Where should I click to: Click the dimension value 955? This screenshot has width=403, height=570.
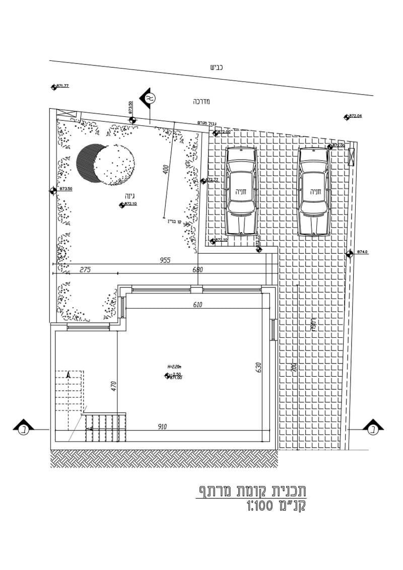165,260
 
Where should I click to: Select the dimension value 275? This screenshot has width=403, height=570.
85,270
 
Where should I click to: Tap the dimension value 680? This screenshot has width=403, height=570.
197,270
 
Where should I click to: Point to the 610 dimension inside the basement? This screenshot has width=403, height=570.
197,305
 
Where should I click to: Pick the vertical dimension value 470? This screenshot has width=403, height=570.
114,386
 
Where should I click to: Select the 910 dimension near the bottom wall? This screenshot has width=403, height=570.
162,427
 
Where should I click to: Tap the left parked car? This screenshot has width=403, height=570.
241,191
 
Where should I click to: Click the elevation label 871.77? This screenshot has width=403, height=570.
62,86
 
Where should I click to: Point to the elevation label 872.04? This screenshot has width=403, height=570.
355,116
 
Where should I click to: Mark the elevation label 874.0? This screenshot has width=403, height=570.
362,252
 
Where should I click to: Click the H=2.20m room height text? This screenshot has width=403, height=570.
174,367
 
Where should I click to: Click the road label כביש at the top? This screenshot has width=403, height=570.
216,67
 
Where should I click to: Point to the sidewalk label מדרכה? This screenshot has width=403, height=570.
201,101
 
